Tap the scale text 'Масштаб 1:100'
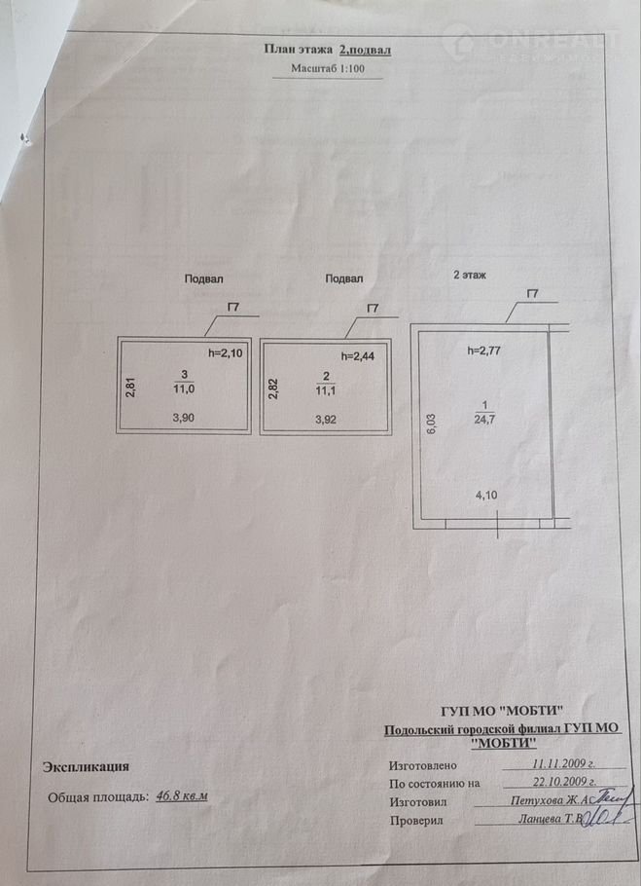point(328,69)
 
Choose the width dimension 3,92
point(328,420)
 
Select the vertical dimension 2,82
point(273,388)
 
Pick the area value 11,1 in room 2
point(327,391)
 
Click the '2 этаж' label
point(470,276)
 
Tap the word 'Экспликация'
point(86,767)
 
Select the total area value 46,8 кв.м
point(182,796)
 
